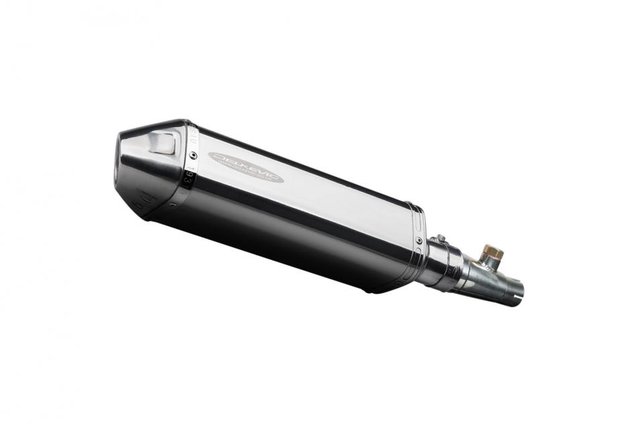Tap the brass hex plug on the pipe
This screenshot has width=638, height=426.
click(492, 254)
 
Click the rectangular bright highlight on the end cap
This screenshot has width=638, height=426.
click(162, 142)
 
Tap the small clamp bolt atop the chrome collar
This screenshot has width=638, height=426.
click(440, 240)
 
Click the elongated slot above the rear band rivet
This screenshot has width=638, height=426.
click(420, 216)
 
